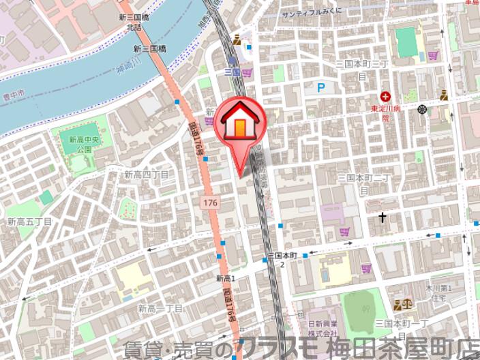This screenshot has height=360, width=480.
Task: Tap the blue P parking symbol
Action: pos(321,87)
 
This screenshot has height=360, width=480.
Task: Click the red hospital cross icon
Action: pos(386,97)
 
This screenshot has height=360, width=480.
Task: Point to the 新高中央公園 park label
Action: pos(80,144)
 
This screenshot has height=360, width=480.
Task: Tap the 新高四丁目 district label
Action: pos(146,175)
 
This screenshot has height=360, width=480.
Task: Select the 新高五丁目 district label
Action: pos(30,222)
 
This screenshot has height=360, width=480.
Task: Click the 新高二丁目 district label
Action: pos(160,308)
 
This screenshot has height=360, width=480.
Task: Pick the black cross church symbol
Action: pos(382,218)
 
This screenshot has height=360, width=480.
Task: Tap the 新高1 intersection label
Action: pos(225,278)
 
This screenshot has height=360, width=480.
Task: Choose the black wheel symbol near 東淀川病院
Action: pos(423,109)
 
